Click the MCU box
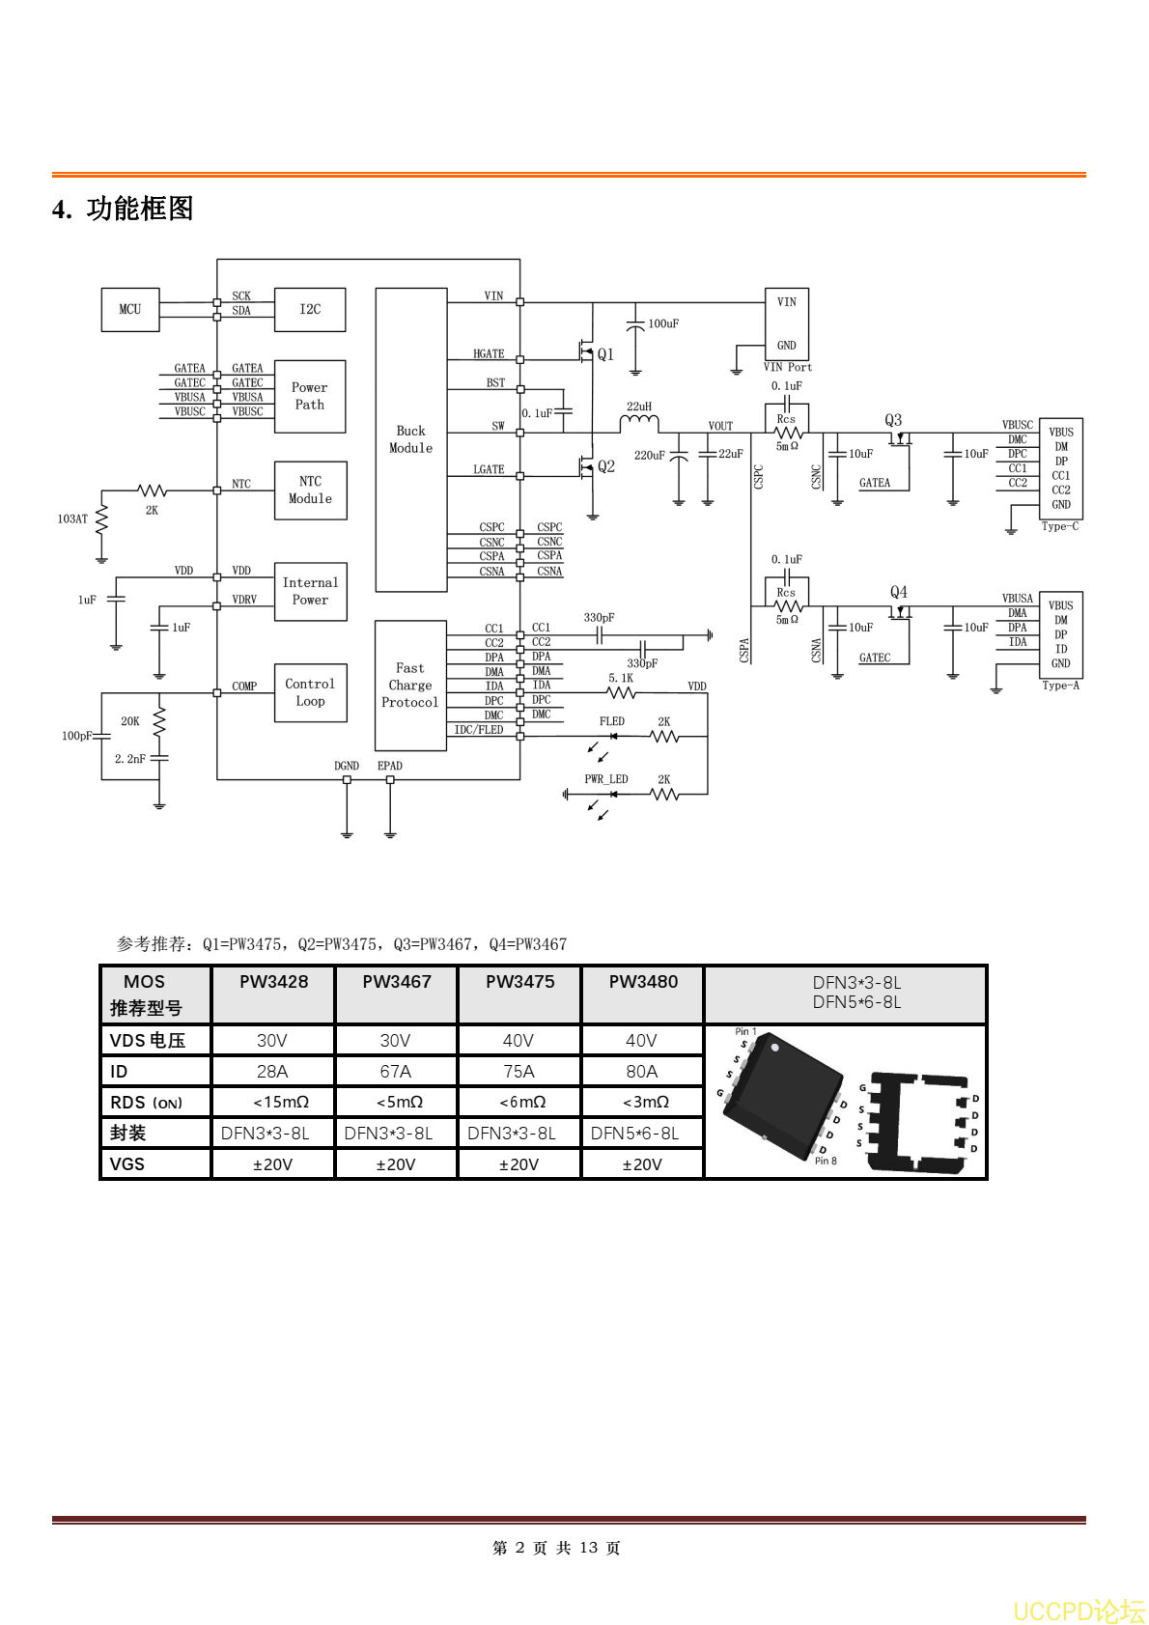click(x=130, y=310)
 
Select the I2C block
click(x=310, y=310)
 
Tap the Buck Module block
click(x=411, y=439)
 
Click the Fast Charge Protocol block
click(x=410, y=686)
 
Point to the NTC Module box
click(x=310, y=490)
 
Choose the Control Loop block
click(x=310, y=692)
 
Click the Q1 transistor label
click(x=605, y=354)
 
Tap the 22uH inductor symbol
click(x=639, y=423)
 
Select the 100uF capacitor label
click(x=663, y=323)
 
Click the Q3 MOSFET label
click(x=893, y=420)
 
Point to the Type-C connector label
click(x=1060, y=526)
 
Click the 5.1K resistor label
click(x=621, y=678)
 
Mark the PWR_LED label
click(x=605, y=779)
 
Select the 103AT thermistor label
click(x=72, y=519)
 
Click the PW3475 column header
click(x=519, y=982)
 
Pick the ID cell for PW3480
click(x=642, y=1072)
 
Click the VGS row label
click(x=127, y=1164)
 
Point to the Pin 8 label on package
click(x=826, y=1161)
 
